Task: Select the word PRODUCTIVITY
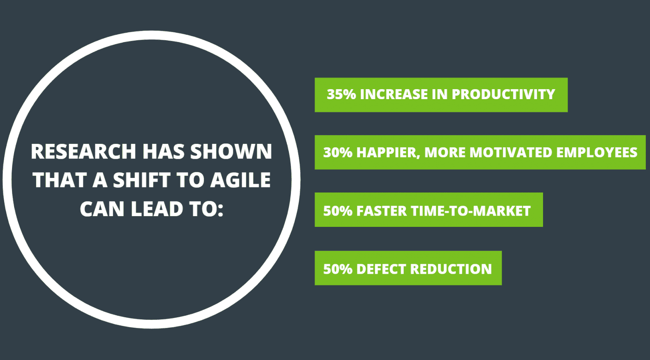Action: (x=503, y=94)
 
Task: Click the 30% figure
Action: (x=337, y=152)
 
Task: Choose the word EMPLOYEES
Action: (x=597, y=152)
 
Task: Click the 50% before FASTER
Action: (x=337, y=211)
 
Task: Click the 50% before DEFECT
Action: (x=337, y=269)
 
